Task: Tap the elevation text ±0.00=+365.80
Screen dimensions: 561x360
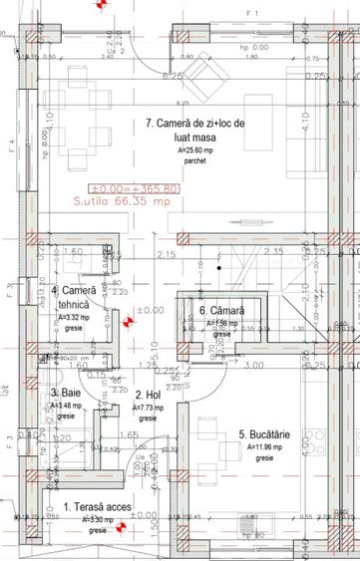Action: (134, 187)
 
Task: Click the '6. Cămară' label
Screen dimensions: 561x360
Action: (220, 311)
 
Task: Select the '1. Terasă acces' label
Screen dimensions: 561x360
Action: (97, 507)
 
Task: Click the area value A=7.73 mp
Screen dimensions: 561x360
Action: (148, 408)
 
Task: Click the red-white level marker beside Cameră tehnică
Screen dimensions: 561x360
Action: (127, 321)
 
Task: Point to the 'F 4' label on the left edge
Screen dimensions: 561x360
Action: (11, 144)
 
